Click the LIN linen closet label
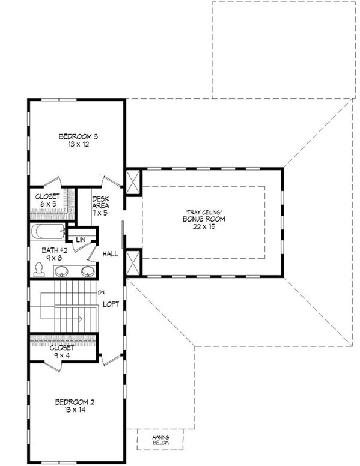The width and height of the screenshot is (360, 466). point(80,240)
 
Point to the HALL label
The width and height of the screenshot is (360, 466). point(110,254)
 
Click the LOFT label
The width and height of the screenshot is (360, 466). point(111,304)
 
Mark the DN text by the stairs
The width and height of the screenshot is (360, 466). point(101,292)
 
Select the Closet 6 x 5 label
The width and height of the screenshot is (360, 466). point(46,200)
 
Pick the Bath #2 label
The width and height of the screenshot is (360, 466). point(49,249)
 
